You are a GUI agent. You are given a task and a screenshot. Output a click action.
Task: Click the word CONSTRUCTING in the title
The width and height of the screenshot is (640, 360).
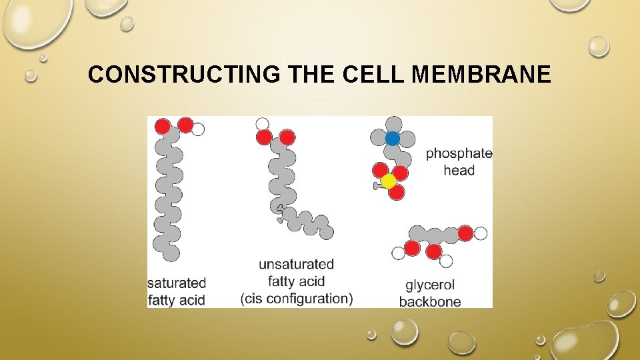(x=183, y=75)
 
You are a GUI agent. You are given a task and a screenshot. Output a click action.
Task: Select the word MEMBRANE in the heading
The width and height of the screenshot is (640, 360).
(x=482, y=75)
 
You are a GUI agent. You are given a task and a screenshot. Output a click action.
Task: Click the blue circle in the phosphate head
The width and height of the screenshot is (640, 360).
(x=393, y=138)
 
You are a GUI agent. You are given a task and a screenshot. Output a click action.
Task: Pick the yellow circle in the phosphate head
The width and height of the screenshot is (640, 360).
(x=389, y=181)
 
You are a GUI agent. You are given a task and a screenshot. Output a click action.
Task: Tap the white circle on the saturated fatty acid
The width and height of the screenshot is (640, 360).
(x=198, y=129)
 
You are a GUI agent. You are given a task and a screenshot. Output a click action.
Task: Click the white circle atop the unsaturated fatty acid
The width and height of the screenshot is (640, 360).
(x=263, y=123)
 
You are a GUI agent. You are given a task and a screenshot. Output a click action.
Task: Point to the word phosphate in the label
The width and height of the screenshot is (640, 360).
(x=459, y=153)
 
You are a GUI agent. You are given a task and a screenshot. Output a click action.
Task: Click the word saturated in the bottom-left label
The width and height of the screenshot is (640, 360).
(x=177, y=283)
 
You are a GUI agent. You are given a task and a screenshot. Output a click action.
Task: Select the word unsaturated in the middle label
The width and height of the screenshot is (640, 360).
(x=296, y=264)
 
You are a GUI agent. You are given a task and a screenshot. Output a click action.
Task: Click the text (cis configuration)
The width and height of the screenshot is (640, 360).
(x=297, y=299)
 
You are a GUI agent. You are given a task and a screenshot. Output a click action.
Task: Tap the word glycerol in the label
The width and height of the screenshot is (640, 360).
(x=430, y=285)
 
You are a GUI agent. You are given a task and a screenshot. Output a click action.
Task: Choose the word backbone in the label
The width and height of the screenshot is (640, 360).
(x=430, y=301)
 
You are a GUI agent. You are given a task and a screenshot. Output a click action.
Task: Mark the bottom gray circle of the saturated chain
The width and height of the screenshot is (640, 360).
(x=171, y=253)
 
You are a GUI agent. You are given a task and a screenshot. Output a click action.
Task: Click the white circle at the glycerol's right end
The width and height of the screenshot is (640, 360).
(x=480, y=233)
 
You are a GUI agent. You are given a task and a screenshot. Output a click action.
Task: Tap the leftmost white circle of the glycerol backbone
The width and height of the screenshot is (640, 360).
(x=398, y=253)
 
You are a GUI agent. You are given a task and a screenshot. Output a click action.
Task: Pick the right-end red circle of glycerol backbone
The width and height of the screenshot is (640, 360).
(x=465, y=233)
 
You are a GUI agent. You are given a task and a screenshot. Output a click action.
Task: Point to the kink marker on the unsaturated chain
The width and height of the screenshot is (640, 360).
(x=281, y=213)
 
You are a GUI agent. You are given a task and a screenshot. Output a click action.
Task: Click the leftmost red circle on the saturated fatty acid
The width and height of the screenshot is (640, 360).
(x=162, y=126)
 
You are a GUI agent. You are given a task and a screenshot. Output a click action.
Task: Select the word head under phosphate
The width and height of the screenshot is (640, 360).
(x=459, y=171)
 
